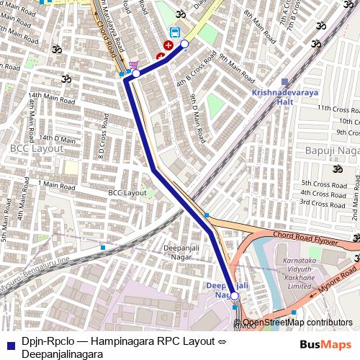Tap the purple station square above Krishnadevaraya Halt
coord(286,82)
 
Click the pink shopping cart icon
coord(133,65)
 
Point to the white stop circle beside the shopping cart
coord(136,73)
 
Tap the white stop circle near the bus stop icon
coord(184,45)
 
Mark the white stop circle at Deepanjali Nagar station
coord(234,296)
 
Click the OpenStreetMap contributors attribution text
coord(297,323)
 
